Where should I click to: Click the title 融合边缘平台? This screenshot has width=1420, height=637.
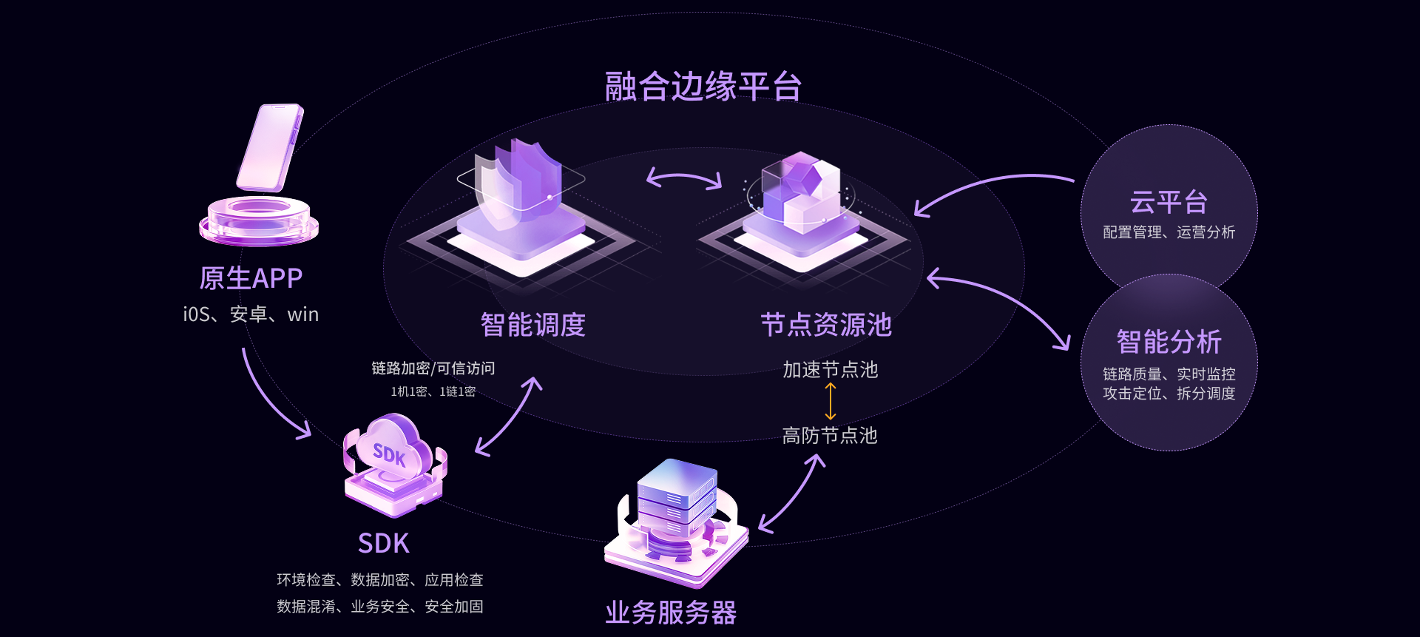click(x=703, y=87)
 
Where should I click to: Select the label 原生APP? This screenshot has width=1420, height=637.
click(x=251, y=278)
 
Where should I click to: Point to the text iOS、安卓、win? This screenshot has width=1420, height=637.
click(x=251, y=314)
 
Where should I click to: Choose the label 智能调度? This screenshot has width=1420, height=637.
click(x=532, y=325)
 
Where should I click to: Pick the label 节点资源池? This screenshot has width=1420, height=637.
click(x=826, y=325)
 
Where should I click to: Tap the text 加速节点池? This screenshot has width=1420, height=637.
click(x=830, y=369)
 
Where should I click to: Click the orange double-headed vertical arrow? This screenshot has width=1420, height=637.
click(x=831, y=402)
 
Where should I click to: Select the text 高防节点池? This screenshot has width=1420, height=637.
click(x=830, y=435)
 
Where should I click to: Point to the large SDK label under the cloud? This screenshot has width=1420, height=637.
click(x=383, y=544)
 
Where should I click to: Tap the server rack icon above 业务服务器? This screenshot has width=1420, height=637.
click(x=677, y=518)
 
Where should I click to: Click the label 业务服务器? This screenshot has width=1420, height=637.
click(x=671, y=613)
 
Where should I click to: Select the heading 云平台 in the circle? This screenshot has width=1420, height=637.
click(x=1169, y=202)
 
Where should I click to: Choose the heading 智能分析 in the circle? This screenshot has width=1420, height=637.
click(x=1169, y=342)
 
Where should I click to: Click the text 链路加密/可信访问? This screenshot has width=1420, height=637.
click(x=433, y=368)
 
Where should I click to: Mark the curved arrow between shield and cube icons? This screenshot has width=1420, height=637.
click(x=684, y=178)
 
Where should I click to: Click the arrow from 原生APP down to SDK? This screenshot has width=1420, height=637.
click(x=266, y=400)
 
